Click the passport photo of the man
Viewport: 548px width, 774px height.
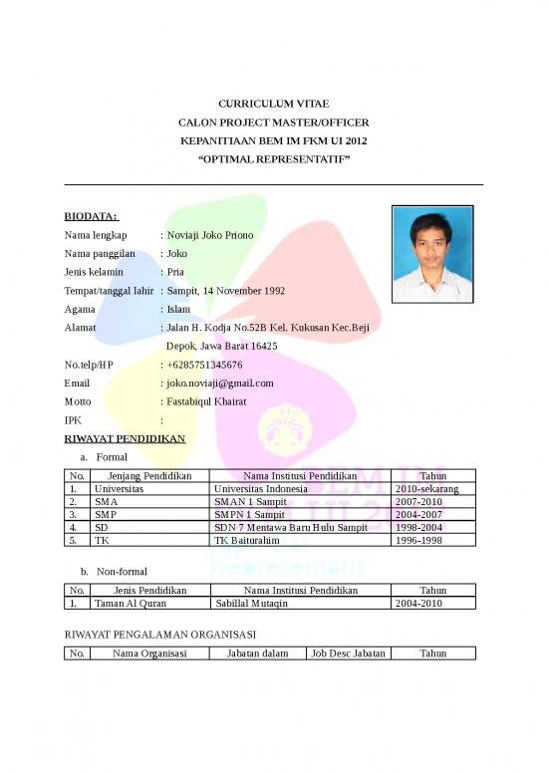(x=432, y=253)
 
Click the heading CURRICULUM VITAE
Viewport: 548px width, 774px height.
(x=273, y=104)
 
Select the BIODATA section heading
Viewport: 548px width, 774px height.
(x=91, y=216)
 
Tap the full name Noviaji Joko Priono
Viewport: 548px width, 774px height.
(x=210, y=235)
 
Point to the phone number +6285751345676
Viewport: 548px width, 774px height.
(x=204, y=365)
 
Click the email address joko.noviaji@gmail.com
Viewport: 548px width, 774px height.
(x=220, y=383)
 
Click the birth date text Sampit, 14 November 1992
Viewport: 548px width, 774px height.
(x=226, y=291)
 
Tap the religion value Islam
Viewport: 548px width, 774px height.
(x=178, y=309)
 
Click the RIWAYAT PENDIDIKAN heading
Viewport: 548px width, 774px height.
(x=125, y=438)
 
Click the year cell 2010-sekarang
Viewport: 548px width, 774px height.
(x=427, y=489)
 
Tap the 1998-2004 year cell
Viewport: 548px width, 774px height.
(x=418, y=527)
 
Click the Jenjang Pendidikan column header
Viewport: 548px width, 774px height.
(x=149, y=476)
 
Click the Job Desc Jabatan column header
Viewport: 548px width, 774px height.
(x=348, y=653)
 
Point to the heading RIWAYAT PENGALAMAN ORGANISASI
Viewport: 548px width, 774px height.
(x=163, y=634)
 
